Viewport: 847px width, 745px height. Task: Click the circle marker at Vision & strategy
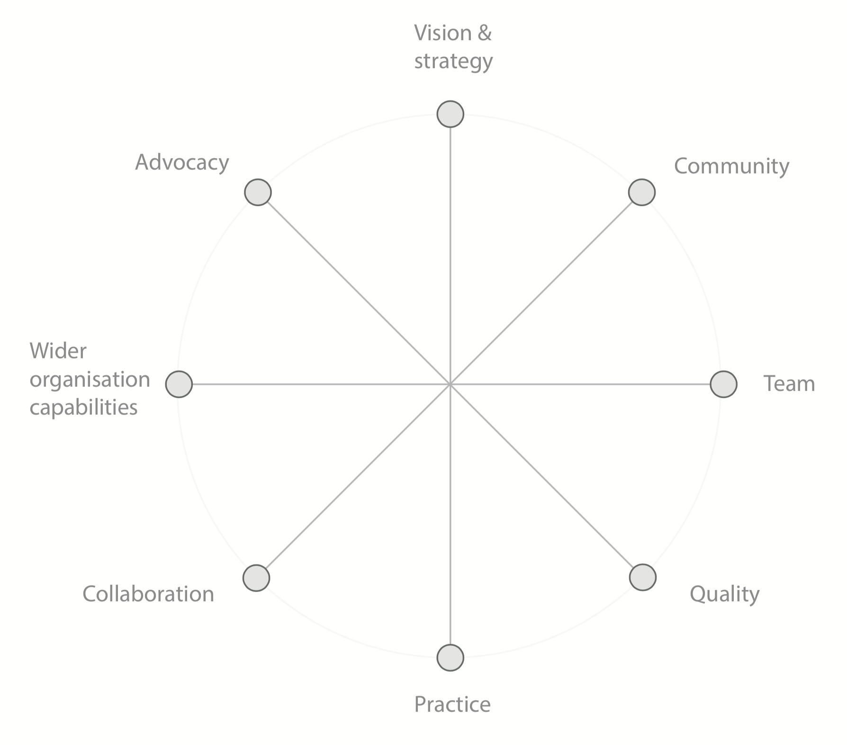tap(450, 114)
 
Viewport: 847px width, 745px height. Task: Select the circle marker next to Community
tap(642, 192)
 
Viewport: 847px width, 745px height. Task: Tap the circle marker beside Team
tap(724, 384)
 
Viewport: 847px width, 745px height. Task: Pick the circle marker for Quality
tap(643, 577)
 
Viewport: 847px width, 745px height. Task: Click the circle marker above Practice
tap(450, 657)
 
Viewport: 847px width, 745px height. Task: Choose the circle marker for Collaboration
tap(256, 578)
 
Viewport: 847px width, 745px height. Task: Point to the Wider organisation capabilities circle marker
tap(179, 384)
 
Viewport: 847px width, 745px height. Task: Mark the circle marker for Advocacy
tap(258, 192)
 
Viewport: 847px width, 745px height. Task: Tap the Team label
tap(789, 384)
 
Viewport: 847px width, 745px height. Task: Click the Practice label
tap(452, 705)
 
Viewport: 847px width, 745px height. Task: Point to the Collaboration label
tap(148, 594)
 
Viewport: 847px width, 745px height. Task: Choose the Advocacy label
tap(182, 163)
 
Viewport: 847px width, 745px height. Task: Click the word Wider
tap(58, 351)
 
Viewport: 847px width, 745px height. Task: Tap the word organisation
tap(90, 380)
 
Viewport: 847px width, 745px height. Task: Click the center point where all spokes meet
tap(450, 384)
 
